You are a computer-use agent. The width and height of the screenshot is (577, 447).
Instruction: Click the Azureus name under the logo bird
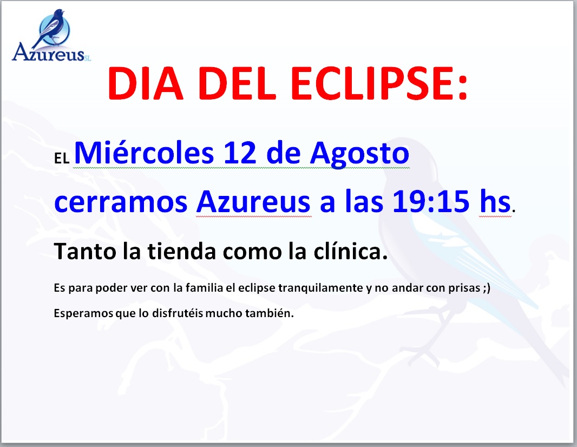[x=49, y=53]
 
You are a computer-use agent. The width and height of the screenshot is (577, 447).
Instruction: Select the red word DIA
[x=146, y=83]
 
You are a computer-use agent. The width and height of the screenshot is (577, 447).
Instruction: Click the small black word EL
[x=62, y=159]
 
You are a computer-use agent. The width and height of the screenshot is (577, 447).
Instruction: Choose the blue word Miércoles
[x=144, y=153]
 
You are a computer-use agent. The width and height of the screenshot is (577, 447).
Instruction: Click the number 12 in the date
[x=240, y=153]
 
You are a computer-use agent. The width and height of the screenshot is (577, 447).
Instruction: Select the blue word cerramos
[x=121, y=203]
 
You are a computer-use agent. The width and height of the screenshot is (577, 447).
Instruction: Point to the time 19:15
[x=431, y=202]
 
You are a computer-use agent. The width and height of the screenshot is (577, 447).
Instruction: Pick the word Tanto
[x=85, y=252]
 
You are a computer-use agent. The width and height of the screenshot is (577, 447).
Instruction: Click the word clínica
[x=350, y=252]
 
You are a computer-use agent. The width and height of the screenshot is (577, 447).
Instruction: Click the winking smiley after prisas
[x=487, y=288]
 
